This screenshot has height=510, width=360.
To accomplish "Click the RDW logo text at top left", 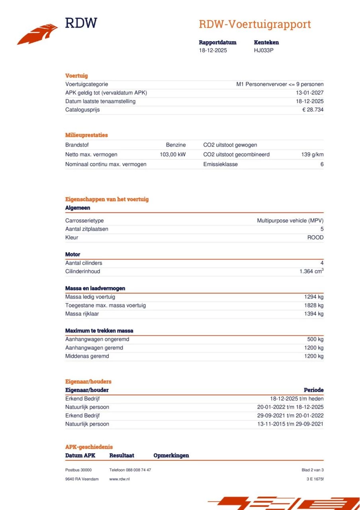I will [x=81, y=23].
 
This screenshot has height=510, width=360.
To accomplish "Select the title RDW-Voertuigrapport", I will [x=254, y=24].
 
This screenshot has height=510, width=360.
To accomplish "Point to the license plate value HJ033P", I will [x=264, y=51].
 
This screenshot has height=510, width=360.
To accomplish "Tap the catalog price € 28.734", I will [x=313, y=110].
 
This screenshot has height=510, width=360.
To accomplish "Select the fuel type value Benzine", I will [x=176, y=145].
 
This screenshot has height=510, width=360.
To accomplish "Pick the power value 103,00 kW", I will [x=172, y=155].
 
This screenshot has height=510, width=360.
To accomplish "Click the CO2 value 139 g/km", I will [x=312, y=155].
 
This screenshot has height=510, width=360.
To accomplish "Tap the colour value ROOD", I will [x=315, y=238].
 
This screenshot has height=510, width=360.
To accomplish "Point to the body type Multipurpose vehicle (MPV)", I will [x=290, y=221].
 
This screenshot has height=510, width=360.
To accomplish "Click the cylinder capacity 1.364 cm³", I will [x=311, y=271].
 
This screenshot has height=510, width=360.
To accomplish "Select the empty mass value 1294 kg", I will [x=314, y=297].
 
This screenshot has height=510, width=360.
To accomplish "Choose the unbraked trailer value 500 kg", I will [x=315, y=339].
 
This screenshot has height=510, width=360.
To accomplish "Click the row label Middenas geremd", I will [x=87, y=356].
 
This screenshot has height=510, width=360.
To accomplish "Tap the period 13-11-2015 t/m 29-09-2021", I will [x=290, y=424].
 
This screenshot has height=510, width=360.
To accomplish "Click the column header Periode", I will [x=313, y=390].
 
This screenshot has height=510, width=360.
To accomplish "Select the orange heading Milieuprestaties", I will [x=86, y=135].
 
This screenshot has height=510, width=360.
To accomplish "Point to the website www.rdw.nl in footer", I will [x=119, y=479].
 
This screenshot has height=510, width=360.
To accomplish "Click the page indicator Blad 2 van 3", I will [x=312, y=470].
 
